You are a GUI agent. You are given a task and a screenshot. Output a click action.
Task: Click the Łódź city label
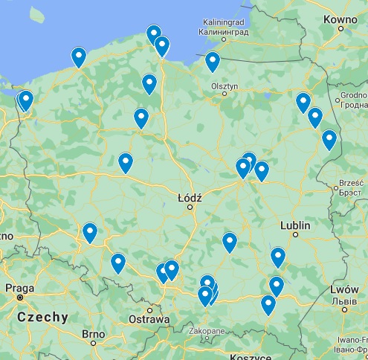pos(190,198)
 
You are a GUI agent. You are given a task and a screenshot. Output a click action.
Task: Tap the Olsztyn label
pos(225,86)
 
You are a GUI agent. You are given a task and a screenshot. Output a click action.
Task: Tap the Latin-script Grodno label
pos(356,95)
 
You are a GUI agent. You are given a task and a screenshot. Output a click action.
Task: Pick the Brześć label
pos(350,181)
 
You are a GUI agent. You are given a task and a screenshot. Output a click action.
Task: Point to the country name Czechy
pos(42,317)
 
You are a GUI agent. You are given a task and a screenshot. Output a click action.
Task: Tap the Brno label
pos(94,334)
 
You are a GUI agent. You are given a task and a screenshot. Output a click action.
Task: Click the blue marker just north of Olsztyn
pos(213,61)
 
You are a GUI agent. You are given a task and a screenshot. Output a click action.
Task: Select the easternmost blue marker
pos(329,139)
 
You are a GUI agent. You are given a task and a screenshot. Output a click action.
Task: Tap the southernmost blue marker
pos(268,304)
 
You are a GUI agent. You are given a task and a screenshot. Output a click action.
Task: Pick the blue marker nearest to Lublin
pos(278,257)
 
